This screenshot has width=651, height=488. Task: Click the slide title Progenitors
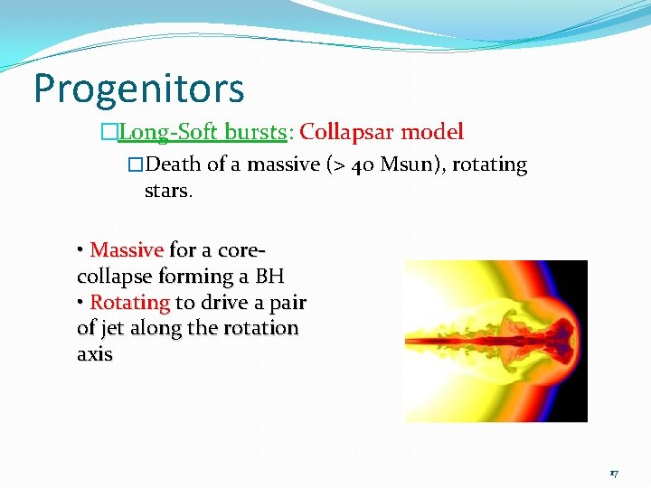pyautogui.click(x=138, y=89)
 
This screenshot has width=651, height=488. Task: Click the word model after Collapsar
pyautogui.click(x=431, y=132)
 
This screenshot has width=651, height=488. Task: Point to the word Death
pyautogui.click(x=174, y=164)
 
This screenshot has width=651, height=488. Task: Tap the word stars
pyautogui.click(x=167, y=192)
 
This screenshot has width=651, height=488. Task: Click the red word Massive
pyautogui.click(x=127, y=249)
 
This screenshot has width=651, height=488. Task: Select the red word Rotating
pyautogui.click(x=130, y=302)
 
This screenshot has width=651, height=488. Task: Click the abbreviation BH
pyautogui.click(x=269, y=276)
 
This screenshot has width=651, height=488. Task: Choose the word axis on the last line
pyautogui.click(x=95, y=354)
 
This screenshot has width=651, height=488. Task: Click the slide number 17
pyautogui.click(x=613, y=474)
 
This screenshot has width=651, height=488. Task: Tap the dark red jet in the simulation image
pyautogui.click(x=452, y=342)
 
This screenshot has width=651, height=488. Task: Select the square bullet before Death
pyautogui.click(x=136, y=165)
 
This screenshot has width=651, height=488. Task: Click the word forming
pyautogui.click(x=192, y=276)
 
